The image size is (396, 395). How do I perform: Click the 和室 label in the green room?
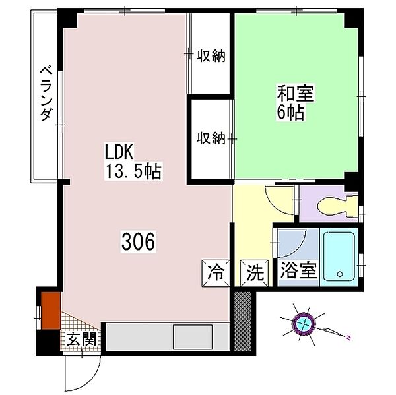pos(296,93)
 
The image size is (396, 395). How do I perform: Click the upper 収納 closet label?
pos(211,56)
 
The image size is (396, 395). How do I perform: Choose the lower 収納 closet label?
pos(211,138)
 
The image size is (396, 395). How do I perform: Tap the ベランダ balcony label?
pos(46,92)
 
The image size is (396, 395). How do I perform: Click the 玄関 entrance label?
pos(81,340)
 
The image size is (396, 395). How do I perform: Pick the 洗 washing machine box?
pos(255,271)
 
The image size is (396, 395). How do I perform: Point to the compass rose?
pos(304,324)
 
